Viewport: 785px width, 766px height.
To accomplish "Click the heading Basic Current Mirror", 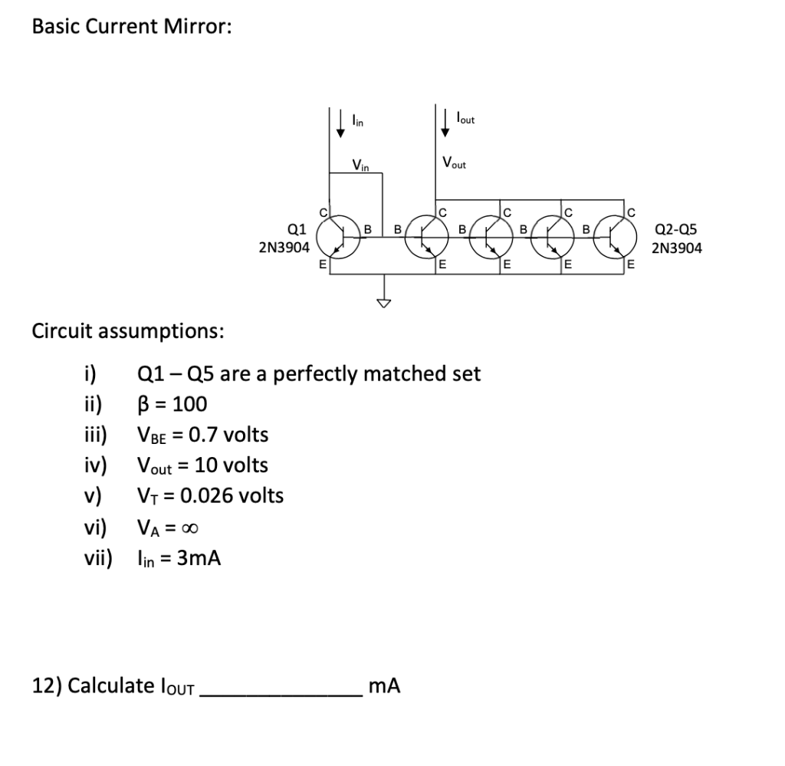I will tap(131, 26).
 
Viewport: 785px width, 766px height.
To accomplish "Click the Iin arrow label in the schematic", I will tap(358, 120).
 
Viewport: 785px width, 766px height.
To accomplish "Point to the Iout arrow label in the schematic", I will tap(465, 120).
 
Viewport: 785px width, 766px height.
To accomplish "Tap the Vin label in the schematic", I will tap(361, 164).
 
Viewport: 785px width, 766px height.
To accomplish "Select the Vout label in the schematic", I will tap(454, 163).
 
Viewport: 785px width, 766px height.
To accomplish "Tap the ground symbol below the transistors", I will tap(381, 301).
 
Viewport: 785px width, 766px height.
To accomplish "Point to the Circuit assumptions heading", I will tap(128, 331).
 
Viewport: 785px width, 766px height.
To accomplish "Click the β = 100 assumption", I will tap(172, 404).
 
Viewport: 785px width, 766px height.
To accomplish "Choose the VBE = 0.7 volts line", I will tap(202, 435).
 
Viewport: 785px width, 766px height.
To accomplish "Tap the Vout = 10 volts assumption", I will tap(202, 465).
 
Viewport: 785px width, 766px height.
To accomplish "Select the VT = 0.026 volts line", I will tap(209, 496).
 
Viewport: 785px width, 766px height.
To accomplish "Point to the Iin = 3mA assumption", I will tap(179, 558).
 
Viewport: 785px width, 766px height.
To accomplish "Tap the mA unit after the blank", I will tap(384, 685).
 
